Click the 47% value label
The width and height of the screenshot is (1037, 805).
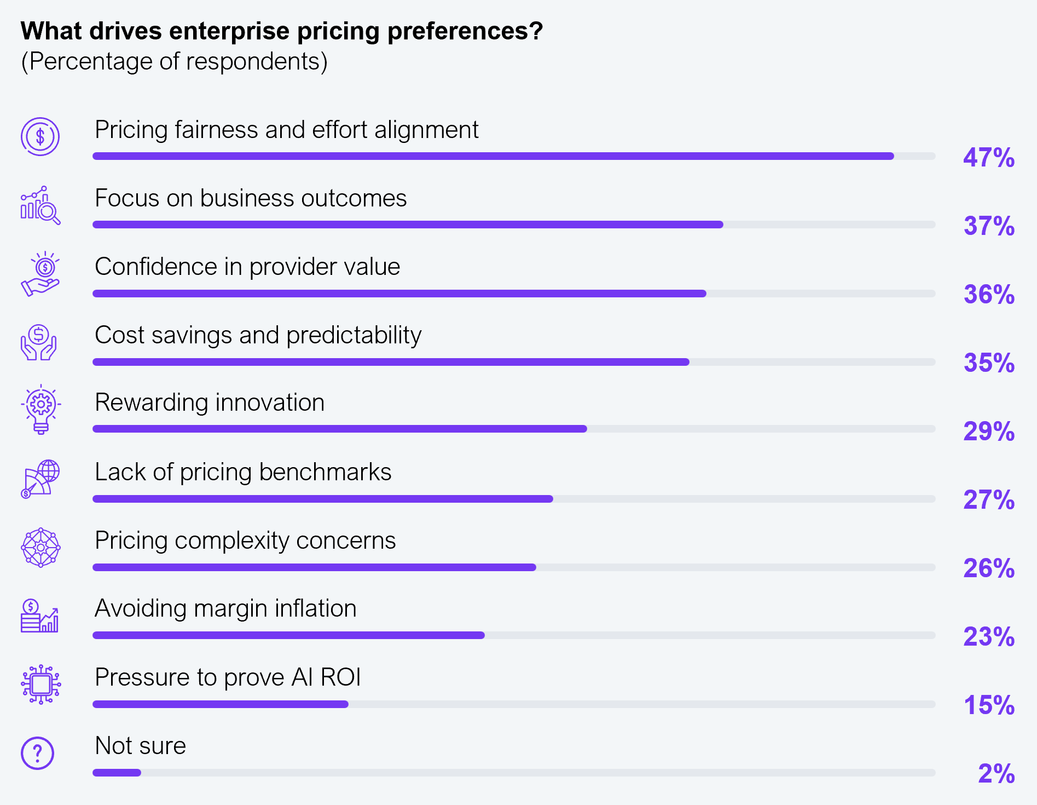pyautogui.click(x=989, y=158)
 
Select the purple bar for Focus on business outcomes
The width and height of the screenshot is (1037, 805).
pyautogui.click(x=408, y=225)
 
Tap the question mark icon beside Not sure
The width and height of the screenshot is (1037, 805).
pyautogui.click(x=37, y=753)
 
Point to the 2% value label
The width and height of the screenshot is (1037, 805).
pyautogui.click(x=996, y=774)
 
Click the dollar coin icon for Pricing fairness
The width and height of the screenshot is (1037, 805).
pyautogui.click(x=40, y=136)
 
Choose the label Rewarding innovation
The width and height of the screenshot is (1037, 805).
pyautogui.click(x=210, y=403)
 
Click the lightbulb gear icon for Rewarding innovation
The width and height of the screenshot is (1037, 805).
pyautogui.click(x=40, y=410)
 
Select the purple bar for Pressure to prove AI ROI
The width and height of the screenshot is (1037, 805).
pyautogui.click(x=221, y=704)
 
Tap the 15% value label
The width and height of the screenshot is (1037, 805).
pyautogui.click(x=989, y=705)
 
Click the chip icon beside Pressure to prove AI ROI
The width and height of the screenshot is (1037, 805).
pyautogui.click(x=40, y=684)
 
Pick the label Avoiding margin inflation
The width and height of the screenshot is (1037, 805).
pyautogui.click(x=225, y=608)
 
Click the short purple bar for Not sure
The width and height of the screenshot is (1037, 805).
pyautogui.click(x=117, y=773)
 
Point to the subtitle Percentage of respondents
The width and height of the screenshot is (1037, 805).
pyautogui.click(x=174, y=61)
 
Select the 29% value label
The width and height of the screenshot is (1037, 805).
pyautogui.click(x=989, y=432)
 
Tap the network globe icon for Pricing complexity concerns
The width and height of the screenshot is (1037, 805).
pyautogui.click(x=40, y=547)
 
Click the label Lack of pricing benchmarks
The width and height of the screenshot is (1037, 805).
pyautogui.click(x=243, y=472)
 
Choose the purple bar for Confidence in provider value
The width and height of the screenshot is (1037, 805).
pyautogui.click(x=399, y=294)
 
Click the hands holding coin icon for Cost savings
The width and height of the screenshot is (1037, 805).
pyautogui.click(x=38, y=342)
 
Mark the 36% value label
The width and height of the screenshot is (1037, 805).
pyautogui.click(x=989, y=295)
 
